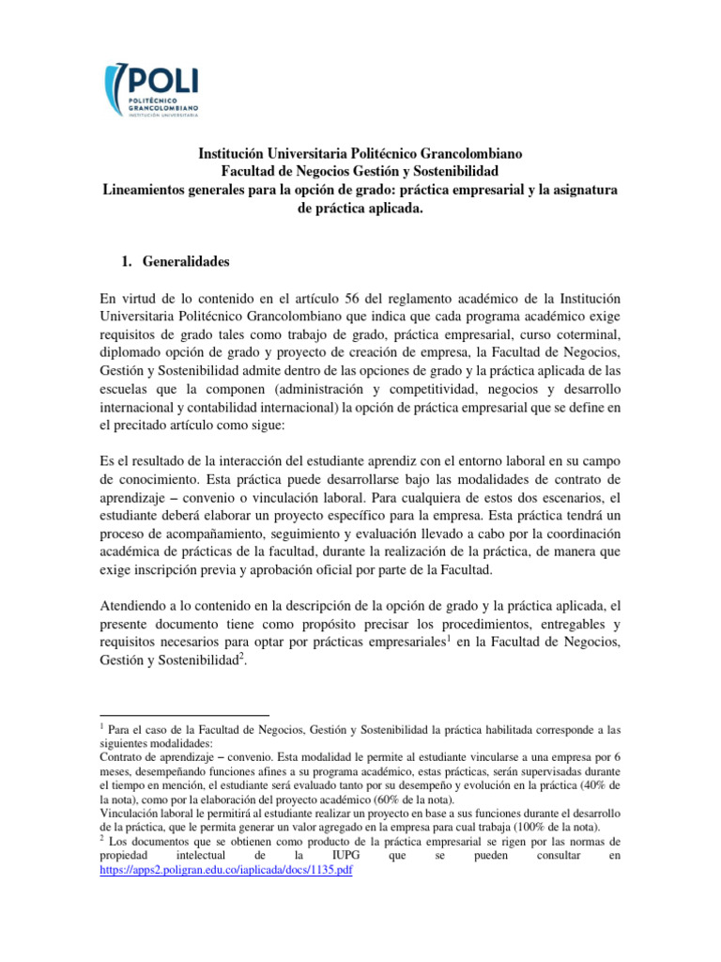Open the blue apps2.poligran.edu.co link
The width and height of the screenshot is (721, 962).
point(225,870)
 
